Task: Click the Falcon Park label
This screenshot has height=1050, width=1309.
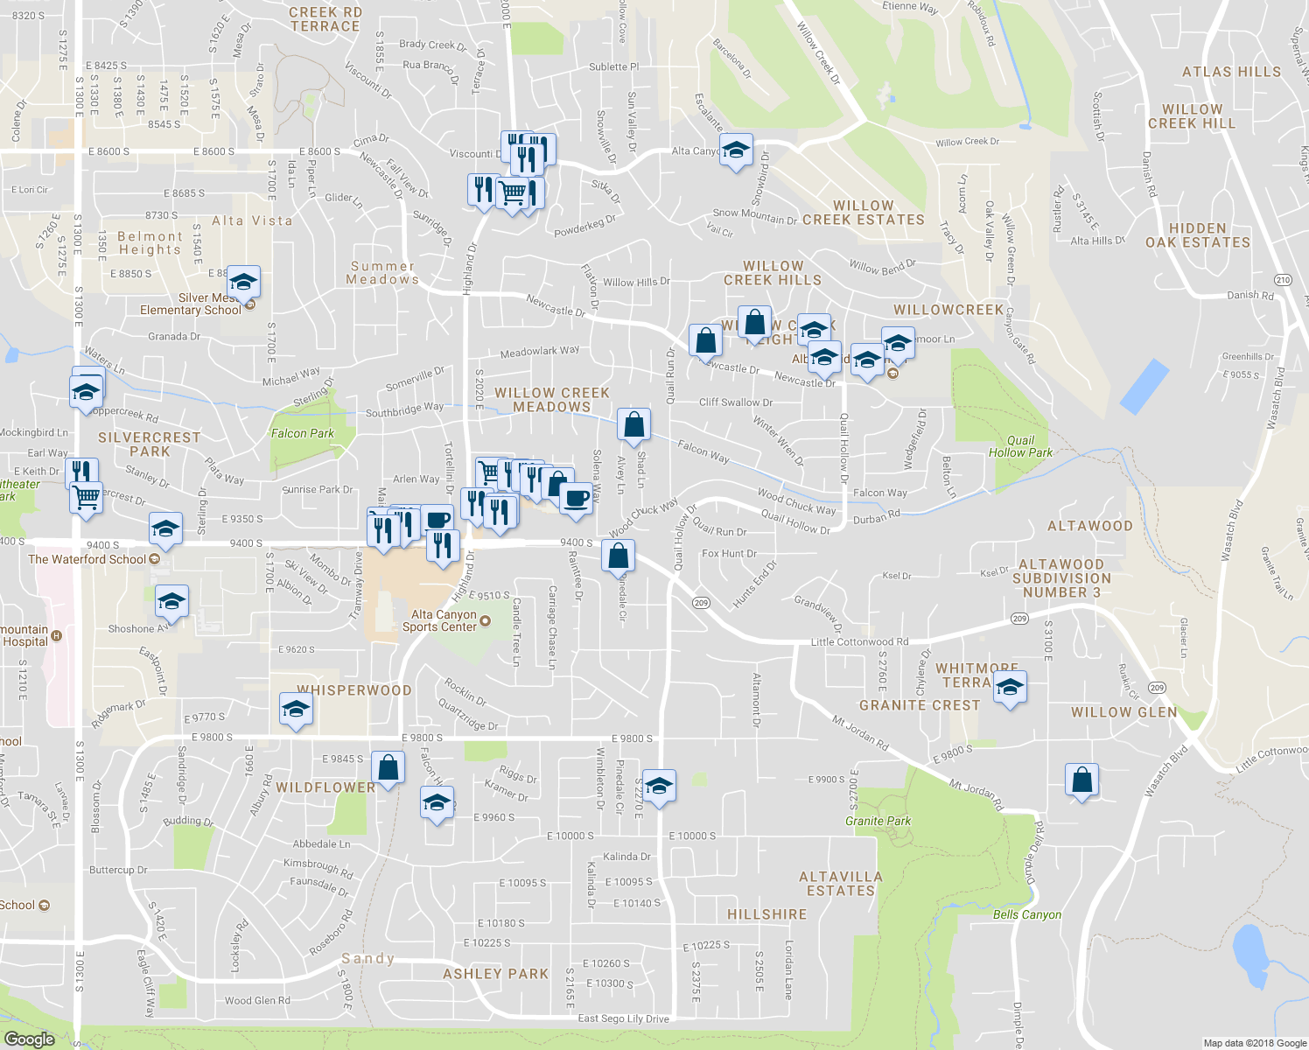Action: click(x=303, y=433)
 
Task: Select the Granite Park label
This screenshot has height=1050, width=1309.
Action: click(x=878, y=821)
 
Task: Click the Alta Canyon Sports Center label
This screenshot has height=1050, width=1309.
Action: click(x=440, y=620)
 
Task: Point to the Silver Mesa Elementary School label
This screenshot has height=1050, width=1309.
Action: click(x=191, y=304)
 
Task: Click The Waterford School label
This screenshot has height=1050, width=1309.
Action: click(x=87, y=559)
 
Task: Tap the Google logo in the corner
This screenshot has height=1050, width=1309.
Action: click(x=29, y=1039)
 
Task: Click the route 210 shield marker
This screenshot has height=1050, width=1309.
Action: click(x=1283, y=280)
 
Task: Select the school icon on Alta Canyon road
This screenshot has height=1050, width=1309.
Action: click(x=736, y=150)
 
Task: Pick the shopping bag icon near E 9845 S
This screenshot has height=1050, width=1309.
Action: click(x=388, y=768)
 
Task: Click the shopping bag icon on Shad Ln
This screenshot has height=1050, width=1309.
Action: click(x=633, y=424)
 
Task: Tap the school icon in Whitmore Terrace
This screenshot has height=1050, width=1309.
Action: click(x=1010, y=687)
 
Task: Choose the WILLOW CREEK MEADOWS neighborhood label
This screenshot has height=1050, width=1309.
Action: click(x=552, y=400)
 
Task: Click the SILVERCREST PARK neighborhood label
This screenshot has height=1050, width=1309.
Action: click(x=150, y=444)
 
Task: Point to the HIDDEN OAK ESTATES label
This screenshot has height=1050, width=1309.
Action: click(x=1198, y=235)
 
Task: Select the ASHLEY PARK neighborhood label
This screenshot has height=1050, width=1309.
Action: click(x=496, y=974)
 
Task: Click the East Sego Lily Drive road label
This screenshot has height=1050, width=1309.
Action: click(x=623, y=1018)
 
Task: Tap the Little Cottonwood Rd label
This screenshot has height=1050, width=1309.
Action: click(x=859, y=642)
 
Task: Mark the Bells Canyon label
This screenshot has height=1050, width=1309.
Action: click(x=1027, y=914)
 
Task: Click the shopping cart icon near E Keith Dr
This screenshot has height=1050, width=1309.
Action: click(x=86, y=498)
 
